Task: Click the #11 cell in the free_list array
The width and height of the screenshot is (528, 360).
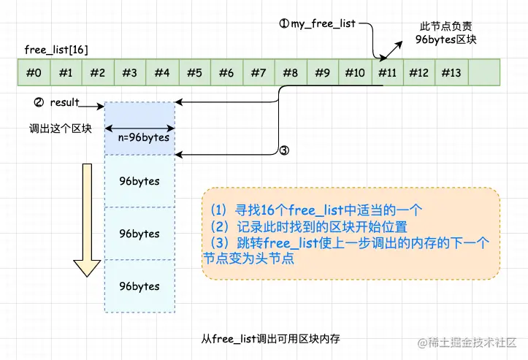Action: tap(387, 73)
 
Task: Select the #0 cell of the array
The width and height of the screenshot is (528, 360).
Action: tap(34, 73)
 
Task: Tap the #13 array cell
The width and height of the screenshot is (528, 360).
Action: tap(451, 73)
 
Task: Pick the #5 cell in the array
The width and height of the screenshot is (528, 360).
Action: tap(194, 73)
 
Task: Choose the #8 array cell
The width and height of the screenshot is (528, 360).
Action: tap(291, 73)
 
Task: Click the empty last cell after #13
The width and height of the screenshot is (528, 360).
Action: tap(483, 73)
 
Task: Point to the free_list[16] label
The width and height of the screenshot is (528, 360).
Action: tap(56, 49)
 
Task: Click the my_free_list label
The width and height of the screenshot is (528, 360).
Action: tap(318, 24)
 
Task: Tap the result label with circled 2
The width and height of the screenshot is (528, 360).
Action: tap(57, 103)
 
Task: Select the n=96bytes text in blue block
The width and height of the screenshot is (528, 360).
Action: tap(143, 137)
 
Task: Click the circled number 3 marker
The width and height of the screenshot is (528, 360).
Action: tap(285, 151)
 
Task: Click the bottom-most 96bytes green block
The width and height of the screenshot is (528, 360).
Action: tap(139, 286)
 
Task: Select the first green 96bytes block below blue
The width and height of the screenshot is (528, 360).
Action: tap(139, 180)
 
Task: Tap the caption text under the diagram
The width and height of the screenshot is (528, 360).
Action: tap(271, 339)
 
